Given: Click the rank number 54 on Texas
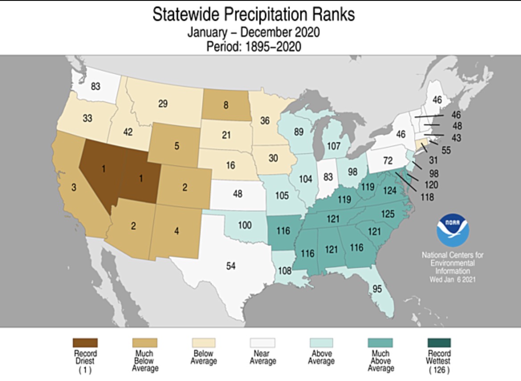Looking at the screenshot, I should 231,266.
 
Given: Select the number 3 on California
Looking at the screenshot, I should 74,187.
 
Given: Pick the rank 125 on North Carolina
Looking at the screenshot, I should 388,214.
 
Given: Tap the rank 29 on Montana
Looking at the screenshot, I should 163,104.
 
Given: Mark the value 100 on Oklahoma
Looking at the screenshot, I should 244,225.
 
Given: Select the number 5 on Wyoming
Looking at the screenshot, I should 177,145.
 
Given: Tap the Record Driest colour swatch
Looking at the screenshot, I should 85,343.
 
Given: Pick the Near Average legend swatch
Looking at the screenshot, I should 262,343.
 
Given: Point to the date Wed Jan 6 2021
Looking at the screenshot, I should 452,279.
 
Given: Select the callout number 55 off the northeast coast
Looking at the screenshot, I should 446,150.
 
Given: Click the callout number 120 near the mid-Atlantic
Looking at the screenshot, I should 431,185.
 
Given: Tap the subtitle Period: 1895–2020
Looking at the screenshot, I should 253,46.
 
